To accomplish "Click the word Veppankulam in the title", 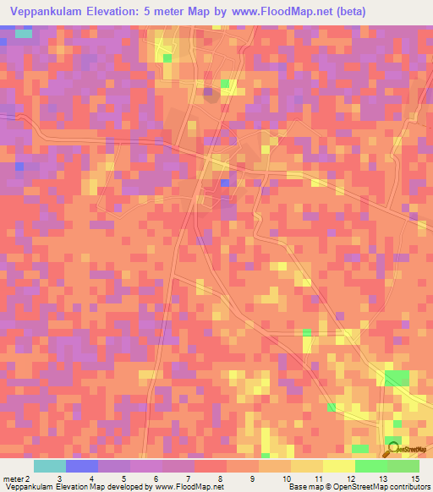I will (45, 13).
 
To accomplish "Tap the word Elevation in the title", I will (122, 13).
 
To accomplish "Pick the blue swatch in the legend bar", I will (82, 466).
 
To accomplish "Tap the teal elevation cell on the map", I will (23, 34).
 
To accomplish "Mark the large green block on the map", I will (396, 377).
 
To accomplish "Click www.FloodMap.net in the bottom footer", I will (190, 486).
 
